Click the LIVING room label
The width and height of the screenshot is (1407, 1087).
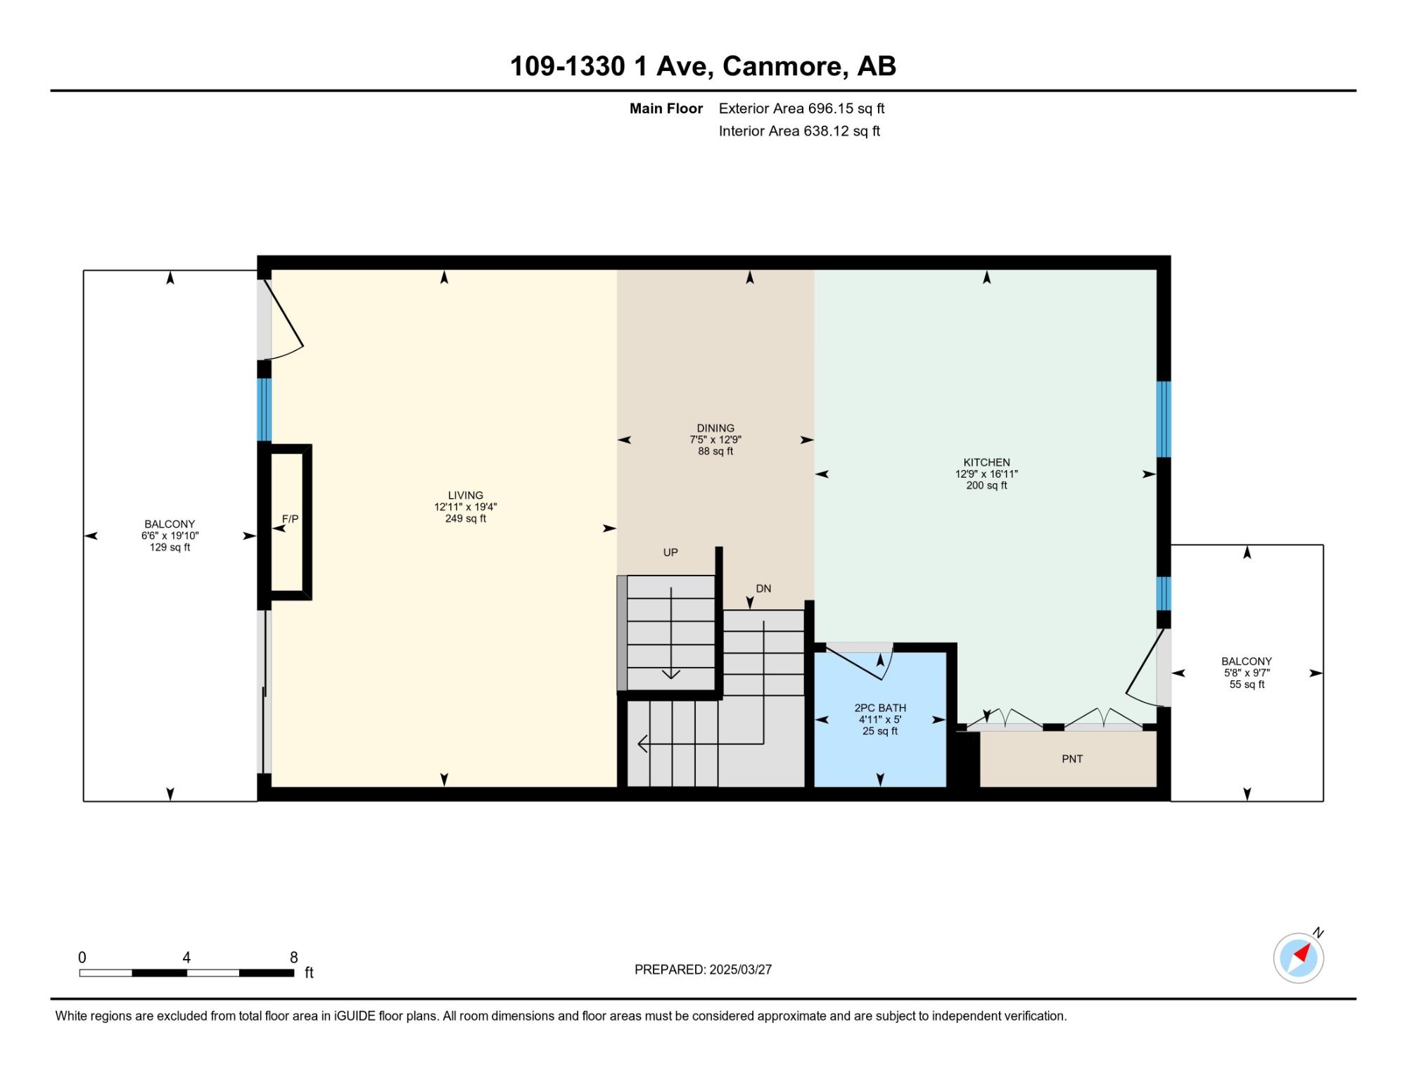[466, 495]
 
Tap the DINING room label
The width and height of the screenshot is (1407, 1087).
[715, 428]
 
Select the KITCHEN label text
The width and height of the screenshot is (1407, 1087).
[986, 462]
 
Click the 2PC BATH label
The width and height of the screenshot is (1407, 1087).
[880, 708]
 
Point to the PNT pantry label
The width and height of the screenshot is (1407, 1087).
[1072, 758]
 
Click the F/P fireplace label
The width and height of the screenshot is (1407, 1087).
[291, 519]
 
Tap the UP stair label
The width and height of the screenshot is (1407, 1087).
[670, 552]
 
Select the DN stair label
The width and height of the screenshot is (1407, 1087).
[763, 588]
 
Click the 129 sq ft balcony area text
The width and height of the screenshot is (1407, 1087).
[170, 547]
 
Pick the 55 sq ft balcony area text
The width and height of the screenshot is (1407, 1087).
[1247, 685]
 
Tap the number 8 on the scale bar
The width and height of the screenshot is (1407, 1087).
[294, 957]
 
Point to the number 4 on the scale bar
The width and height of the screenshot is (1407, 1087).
[186, 957]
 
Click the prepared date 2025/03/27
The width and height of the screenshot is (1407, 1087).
[740, 969]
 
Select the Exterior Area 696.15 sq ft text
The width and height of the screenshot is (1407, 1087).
[801, 108]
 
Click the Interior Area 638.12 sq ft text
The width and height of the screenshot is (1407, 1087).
[799, 131]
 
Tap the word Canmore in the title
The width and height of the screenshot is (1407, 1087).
[782, 66]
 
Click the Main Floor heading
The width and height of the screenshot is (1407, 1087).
[666, 108]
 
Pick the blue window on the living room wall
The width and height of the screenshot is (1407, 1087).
[264, 409]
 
